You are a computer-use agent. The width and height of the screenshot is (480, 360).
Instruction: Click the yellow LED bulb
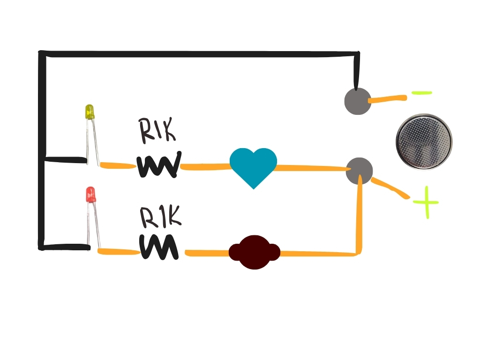click(89, 112)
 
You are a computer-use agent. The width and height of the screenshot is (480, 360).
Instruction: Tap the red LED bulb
click(90, 195)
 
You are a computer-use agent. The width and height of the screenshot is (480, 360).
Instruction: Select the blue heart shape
click(253, 165)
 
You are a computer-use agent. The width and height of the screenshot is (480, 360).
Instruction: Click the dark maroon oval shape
click(254, 252)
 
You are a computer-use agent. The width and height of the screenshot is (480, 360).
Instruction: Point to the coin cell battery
click(424, 141)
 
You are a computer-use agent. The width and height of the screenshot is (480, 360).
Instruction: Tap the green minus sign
click(421, 93)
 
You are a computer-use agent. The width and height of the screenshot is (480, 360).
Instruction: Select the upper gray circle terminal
click(358, 100)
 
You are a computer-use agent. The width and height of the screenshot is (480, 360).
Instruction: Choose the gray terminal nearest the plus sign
click(359, 171)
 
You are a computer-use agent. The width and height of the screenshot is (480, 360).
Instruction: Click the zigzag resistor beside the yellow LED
click(159, 165)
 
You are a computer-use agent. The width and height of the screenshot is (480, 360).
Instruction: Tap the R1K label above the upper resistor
click(157, 130)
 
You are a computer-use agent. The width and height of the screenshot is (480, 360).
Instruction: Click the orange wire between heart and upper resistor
click(205, 166)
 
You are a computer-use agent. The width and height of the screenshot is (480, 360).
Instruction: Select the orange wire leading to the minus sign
click(388, 99)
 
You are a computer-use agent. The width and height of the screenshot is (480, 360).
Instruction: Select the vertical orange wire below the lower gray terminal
click(360, 216)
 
